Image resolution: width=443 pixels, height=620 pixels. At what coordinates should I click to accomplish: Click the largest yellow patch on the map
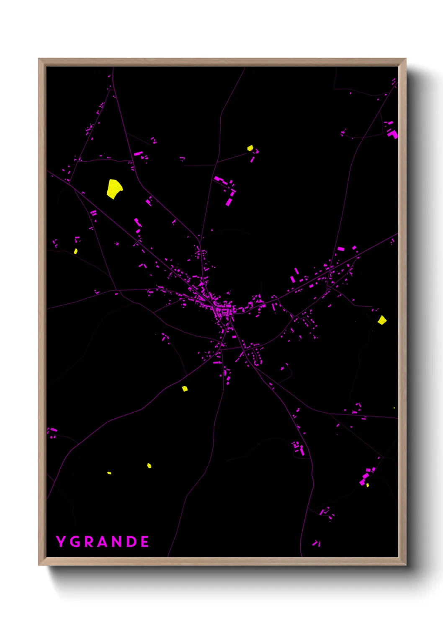point(114,188)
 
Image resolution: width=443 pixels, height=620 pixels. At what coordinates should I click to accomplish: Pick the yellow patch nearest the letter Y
point(109,473)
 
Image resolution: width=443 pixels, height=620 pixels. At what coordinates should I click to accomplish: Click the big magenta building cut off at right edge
point(393,134)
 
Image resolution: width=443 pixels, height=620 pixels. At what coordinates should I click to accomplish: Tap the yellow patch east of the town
point(382,320)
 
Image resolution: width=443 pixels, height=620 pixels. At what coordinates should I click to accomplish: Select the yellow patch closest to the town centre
point(185,389)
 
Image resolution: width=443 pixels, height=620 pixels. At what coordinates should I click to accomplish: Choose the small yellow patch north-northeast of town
point(250,148)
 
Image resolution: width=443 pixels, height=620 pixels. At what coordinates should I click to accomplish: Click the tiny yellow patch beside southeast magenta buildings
point(367,485)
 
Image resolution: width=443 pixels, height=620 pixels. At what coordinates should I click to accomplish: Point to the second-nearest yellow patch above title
point(149,465)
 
